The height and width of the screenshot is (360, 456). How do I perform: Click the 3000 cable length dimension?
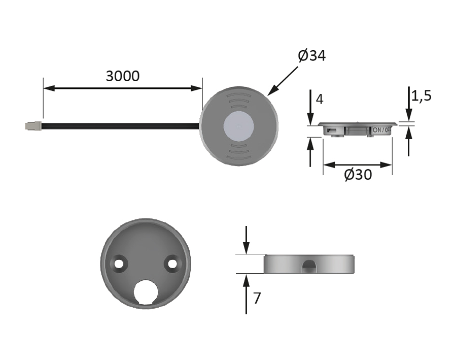122,76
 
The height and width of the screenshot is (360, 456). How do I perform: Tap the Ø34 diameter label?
311,56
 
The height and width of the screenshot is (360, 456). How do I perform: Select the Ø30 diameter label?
358,175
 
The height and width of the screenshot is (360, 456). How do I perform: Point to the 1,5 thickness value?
421,96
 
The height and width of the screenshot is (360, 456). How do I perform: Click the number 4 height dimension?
320,99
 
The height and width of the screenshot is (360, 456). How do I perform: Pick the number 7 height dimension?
257,299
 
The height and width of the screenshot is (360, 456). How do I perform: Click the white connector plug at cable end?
32,125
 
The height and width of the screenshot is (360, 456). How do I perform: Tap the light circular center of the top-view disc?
238,125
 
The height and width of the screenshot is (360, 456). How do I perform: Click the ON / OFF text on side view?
382,130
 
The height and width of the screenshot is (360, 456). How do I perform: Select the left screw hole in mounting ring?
120,264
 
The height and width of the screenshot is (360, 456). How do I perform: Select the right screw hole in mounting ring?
172,264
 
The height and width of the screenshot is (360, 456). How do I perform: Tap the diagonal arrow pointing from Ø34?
283,80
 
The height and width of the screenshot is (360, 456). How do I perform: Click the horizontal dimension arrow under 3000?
122,88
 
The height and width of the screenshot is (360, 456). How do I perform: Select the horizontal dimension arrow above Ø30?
358,165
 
